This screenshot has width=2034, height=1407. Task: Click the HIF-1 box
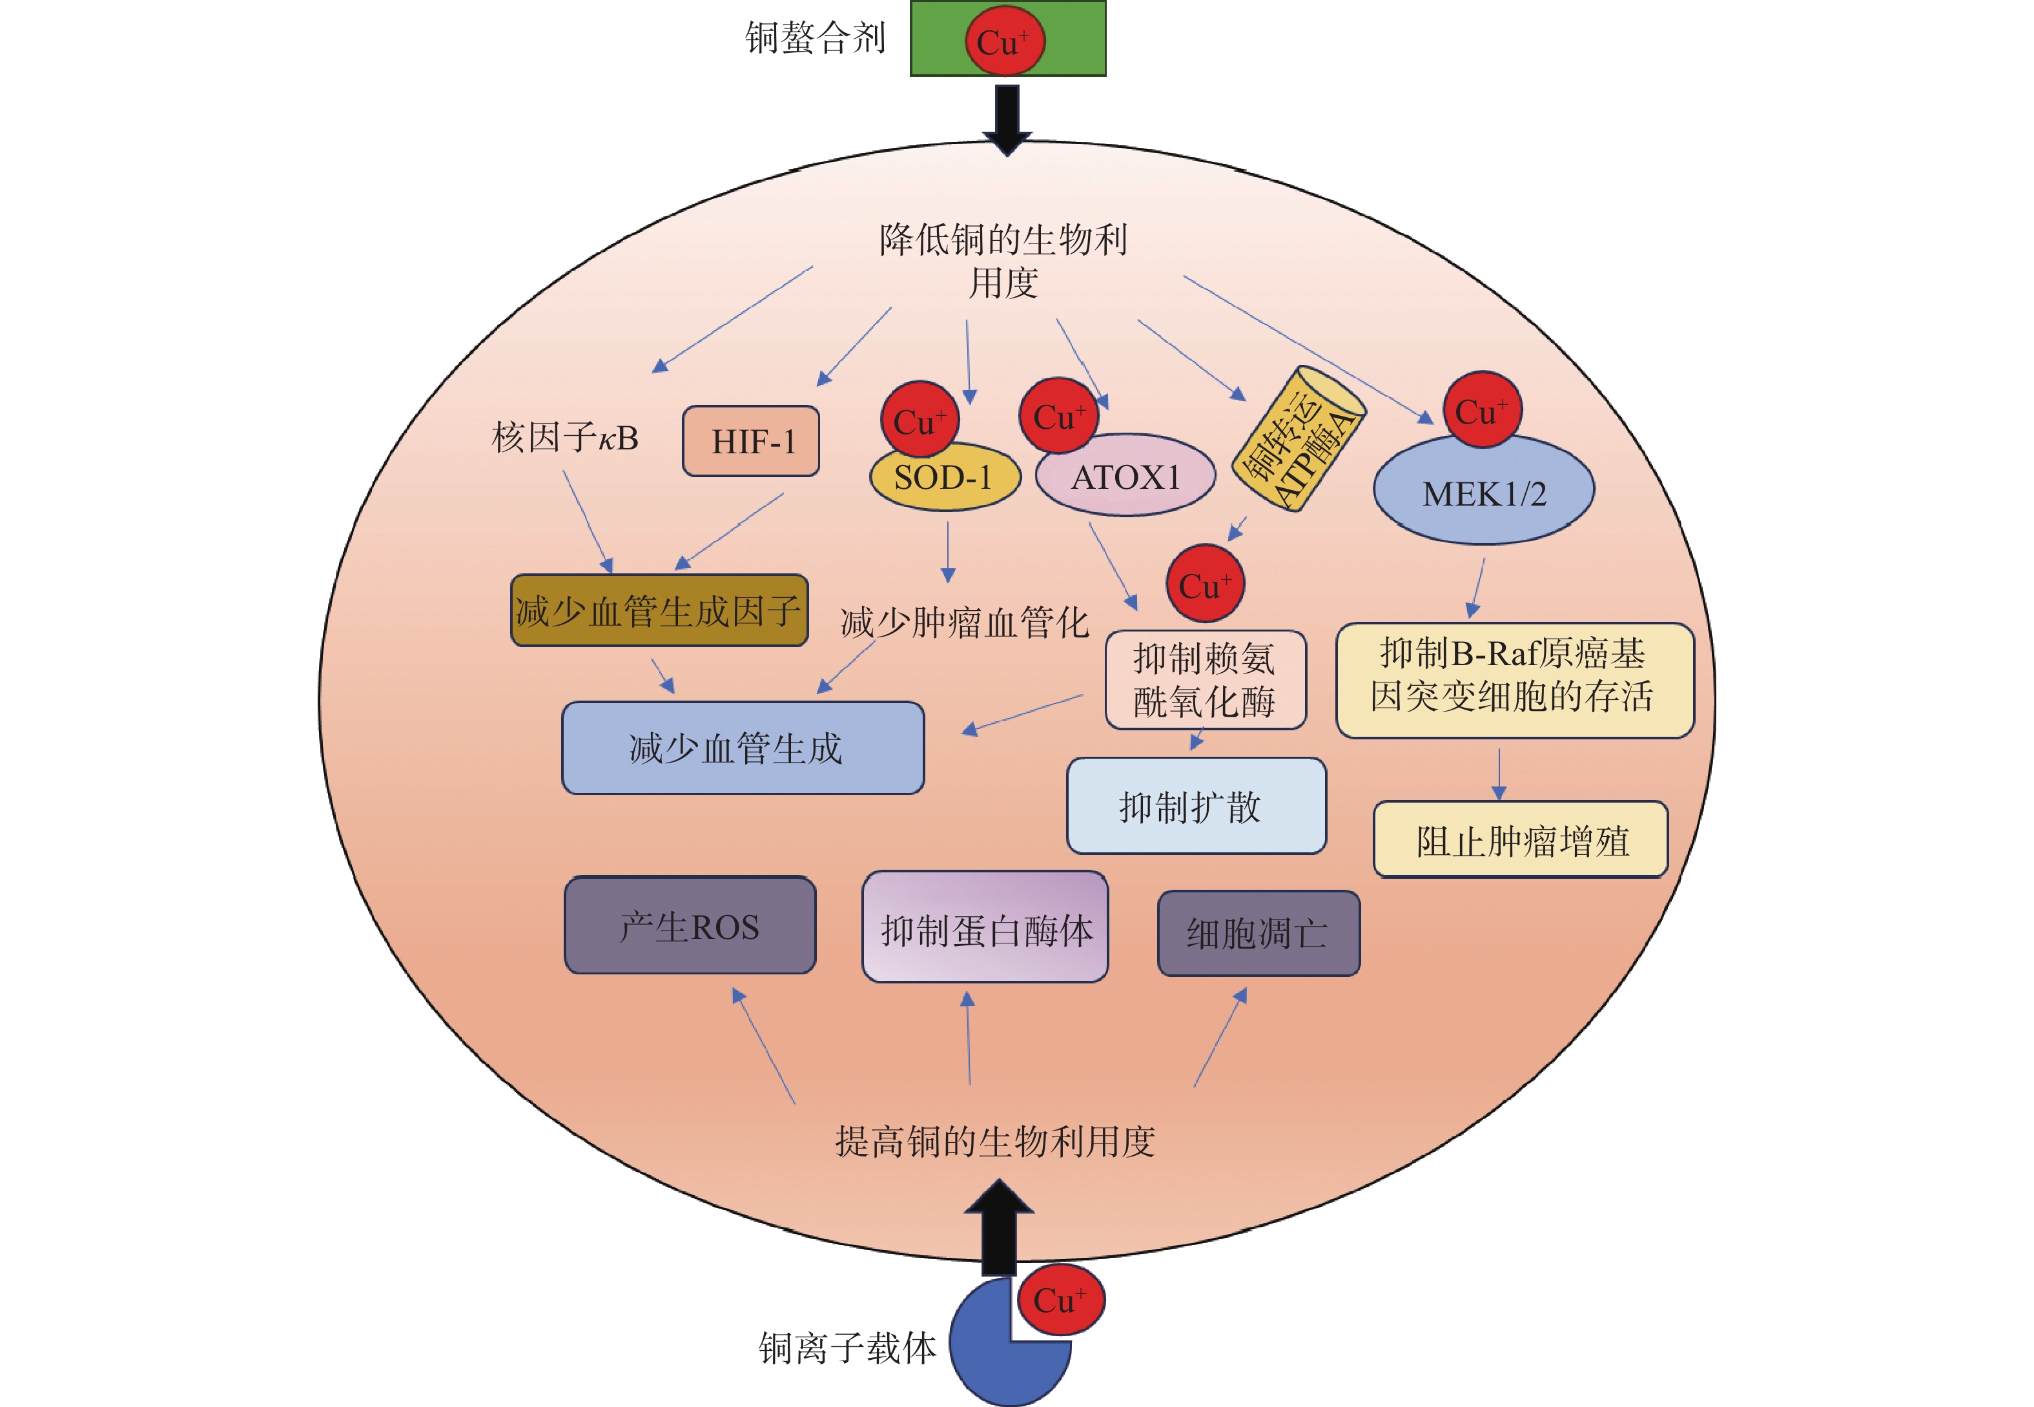pos(751,441)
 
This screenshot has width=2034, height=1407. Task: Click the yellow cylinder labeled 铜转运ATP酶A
pos(1298,438)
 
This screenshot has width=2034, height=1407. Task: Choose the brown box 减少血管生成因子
pos(659,610)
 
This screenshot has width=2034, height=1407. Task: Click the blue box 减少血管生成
pos(743,748)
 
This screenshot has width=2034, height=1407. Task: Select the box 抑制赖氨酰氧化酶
pos(1206,680)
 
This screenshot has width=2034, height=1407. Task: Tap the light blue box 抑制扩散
pos(1197,806)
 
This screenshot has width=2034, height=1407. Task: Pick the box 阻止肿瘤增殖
pos(1521,839)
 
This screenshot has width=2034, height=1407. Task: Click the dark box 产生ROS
pos(690,925)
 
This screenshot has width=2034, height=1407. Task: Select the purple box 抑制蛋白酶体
pos(985,927)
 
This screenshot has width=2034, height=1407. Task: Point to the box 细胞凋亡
pos(1259,932)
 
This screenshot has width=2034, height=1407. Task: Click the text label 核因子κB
pos(565,437)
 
